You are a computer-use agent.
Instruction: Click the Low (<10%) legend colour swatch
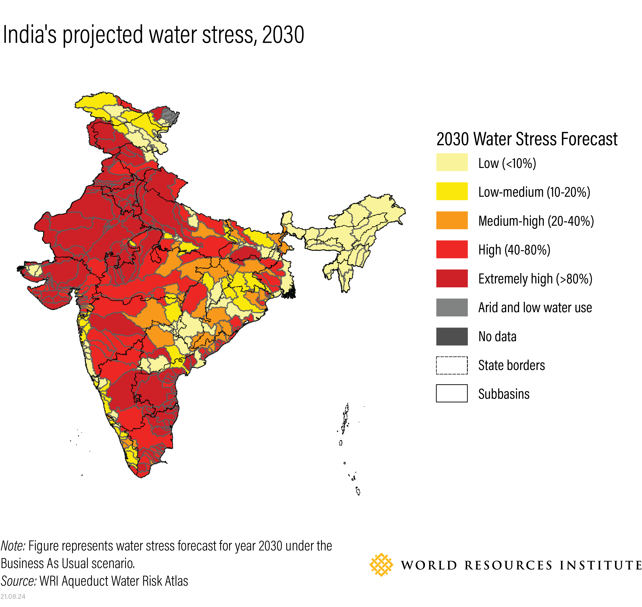pos(452,162)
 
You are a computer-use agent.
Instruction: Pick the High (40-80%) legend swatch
pos(452,249)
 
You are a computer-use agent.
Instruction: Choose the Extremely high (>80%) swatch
pos(452,278)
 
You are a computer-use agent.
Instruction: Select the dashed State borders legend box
pos(452,365)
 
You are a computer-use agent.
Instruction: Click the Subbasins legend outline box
pos(452,393)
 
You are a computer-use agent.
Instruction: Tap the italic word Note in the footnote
pos(13,546)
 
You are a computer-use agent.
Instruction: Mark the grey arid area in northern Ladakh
pos(169,115)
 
